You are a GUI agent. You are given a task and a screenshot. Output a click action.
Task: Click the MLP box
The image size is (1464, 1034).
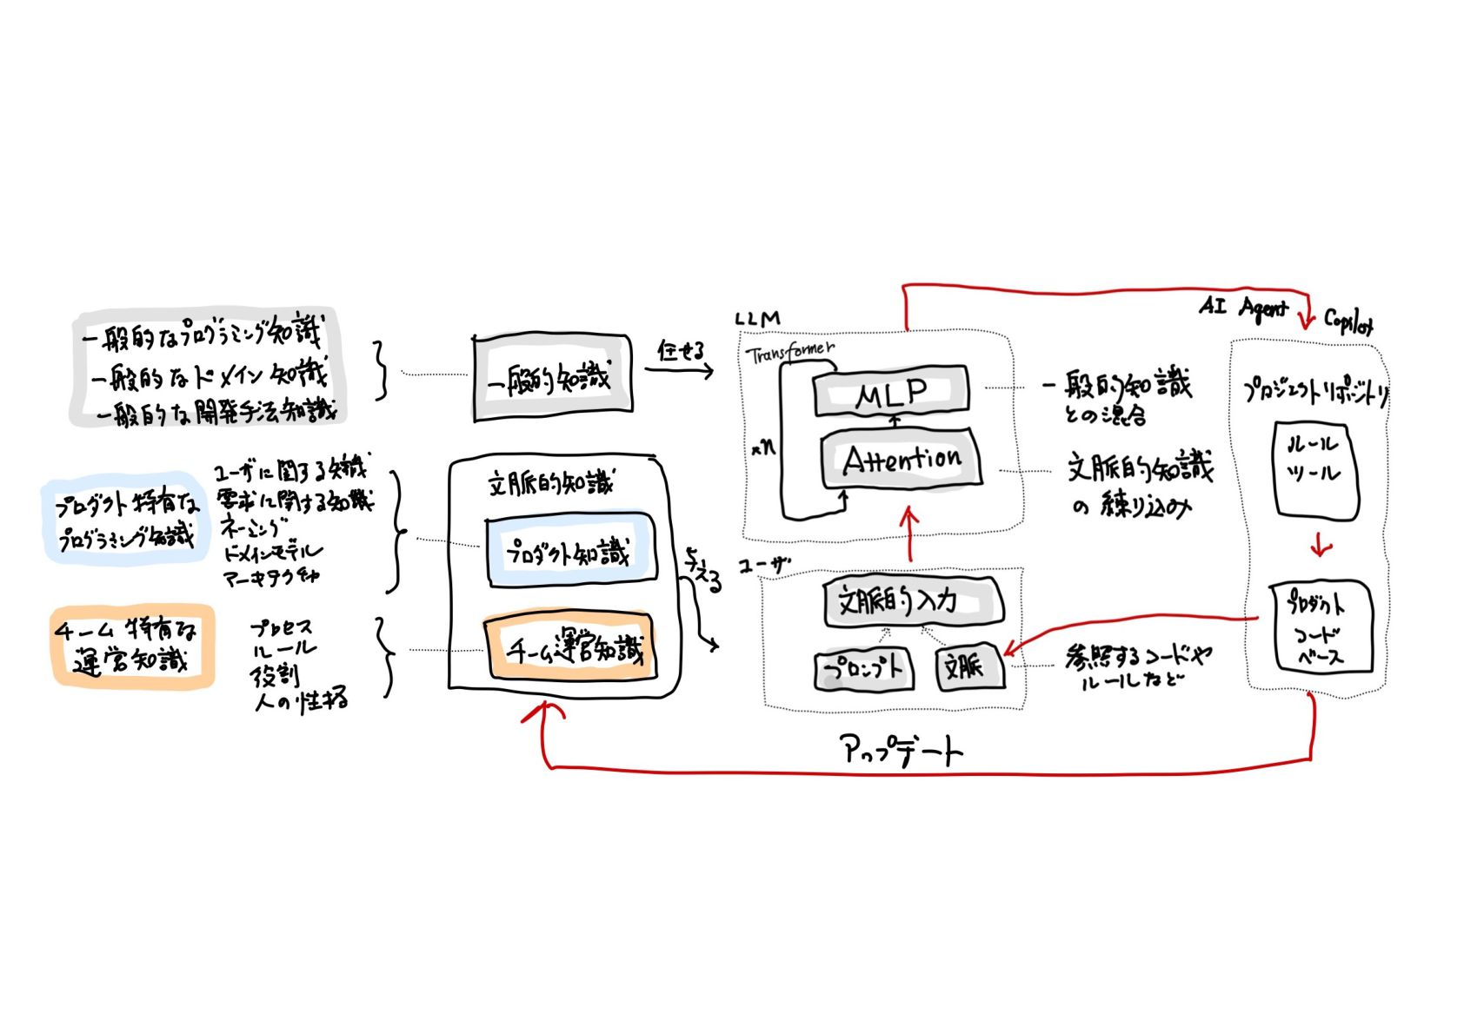tap(891, 392)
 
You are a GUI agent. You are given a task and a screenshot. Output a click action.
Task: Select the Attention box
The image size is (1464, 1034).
tap(902, 459)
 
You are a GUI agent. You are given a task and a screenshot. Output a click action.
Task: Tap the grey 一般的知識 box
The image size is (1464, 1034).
tap(552, 378)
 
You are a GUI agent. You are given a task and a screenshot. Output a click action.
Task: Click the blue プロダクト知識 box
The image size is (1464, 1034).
tap(569, 550)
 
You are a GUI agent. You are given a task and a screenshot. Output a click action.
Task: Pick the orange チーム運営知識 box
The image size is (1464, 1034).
tap(569, 647)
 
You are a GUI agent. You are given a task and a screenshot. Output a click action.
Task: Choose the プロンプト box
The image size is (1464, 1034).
tap(863, 668)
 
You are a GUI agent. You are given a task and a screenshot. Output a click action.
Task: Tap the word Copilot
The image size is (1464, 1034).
tap(1348, 321)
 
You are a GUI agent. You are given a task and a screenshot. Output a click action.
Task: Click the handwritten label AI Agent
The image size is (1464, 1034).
tap(1242, 308)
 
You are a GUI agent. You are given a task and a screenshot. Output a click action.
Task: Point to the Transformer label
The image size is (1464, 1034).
tap(789, 353)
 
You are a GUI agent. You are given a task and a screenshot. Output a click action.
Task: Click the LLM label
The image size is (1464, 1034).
tap(757, 319)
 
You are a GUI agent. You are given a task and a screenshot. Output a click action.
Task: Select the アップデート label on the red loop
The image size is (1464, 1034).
tap(902, 749)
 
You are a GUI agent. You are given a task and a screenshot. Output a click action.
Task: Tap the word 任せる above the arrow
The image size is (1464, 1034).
tap(680, 350)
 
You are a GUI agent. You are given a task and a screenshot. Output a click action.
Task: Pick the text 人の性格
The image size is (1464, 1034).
tap(302, 699)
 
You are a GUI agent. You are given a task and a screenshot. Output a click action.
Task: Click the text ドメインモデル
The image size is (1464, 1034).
tap(273, 552)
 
